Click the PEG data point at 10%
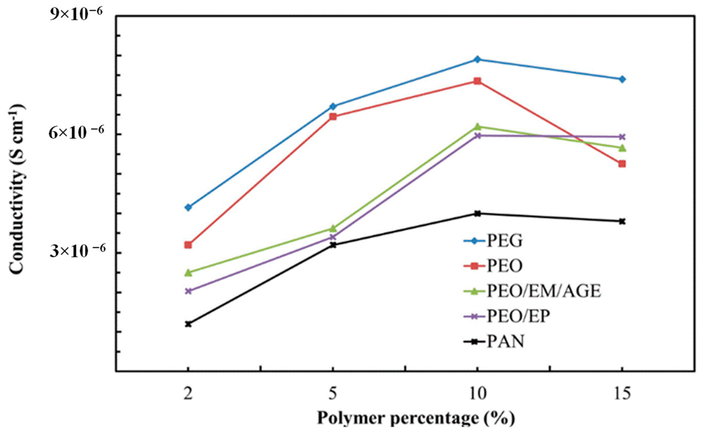pyautogui.click(x=477, y=60)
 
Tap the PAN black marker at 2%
pyautogui.click(x=188, y=324)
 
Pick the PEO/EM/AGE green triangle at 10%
pyautogui.click(x=477, y=126)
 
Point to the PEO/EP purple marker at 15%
pyautogui.click(x=622, y=137)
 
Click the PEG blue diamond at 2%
pyautogui.click(x=188, y=207)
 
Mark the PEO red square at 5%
pyautogui.click(x=333, y=117)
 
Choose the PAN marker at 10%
pyautogui.click(x=477, y=213)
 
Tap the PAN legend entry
pyautogui.click(x=505, y=342)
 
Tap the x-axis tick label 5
pyautogui.click(x=333, y=394)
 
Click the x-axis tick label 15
pyautogui.click(x=622, y=394)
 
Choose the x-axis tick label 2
pyautogui.click(x=188, y=394)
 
